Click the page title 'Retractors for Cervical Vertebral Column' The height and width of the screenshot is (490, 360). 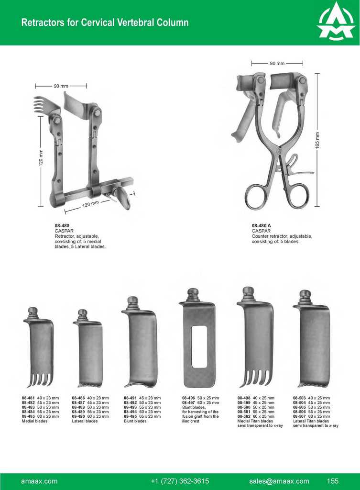(105, 22)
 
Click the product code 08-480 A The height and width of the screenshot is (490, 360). (262, 225)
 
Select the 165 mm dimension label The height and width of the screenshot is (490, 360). (317, 140)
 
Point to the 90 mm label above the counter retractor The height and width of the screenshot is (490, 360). (277, 63)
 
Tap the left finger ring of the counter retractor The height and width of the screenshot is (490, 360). (255, 196)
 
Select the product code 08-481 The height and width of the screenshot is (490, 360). (28, 398)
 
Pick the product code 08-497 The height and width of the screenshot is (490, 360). (189, 402)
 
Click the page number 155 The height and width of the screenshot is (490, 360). (333, 481)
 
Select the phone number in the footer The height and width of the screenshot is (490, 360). (180, 481)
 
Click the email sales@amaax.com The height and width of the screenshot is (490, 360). (279, 481)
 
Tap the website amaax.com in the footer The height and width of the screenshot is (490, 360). (39, 481)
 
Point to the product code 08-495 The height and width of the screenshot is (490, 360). (131, 416)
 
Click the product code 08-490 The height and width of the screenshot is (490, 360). (78, 416)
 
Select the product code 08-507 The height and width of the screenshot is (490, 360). (300, 416)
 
